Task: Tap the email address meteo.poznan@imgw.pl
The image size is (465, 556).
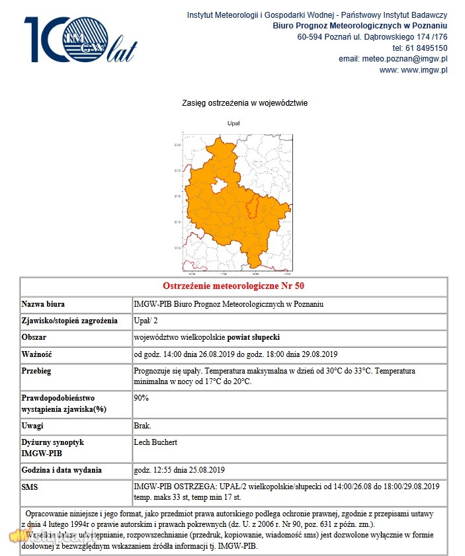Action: pos(405,59)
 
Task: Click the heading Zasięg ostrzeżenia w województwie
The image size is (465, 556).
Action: pos(244,103)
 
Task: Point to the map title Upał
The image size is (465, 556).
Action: pos(233,123)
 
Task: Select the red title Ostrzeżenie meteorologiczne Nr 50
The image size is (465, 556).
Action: pos(233,286)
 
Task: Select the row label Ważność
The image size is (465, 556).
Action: pos(37,354)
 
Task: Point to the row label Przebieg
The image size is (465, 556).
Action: pos(36,371)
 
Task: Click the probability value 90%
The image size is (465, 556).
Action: pos(142,398)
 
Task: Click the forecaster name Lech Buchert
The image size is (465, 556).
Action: pos(155,442)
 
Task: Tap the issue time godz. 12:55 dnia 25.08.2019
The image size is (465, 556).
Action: pos(179,470)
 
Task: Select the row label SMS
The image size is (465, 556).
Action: pos(31,487)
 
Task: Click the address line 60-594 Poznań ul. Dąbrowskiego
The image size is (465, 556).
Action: pos(372,36)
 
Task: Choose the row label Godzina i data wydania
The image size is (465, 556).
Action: pos(62,470)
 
